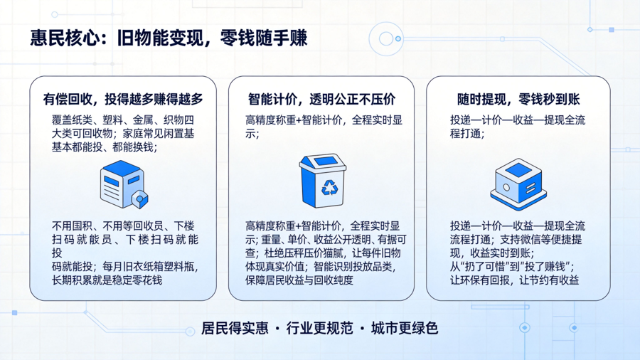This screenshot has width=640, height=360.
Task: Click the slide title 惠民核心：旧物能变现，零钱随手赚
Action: (x=169, y=38)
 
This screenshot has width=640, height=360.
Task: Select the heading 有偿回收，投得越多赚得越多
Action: (x=123, y=99)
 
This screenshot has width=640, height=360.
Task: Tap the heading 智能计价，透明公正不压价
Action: (x=321, y=99)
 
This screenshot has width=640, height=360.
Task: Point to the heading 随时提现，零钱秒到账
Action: (x=518, y=99)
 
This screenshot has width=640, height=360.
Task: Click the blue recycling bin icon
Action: (x=322, y=181)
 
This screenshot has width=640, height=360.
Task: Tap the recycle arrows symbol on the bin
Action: (x=330, y=188)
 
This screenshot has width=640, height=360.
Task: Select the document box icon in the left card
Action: (x=124, y=184)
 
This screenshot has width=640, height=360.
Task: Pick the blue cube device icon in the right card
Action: (x=518, y=184)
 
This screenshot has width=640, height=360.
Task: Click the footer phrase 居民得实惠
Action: (x=235, y=328)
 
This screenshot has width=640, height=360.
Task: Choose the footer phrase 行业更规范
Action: (x=319, y=328)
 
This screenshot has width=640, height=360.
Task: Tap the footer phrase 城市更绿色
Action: (x=405, y=328)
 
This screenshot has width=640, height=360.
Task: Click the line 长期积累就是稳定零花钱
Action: (x=107, y=280)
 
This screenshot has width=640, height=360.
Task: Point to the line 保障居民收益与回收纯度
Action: (x=299, y=280)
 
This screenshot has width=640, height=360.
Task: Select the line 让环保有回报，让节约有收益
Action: (x=514, y=280)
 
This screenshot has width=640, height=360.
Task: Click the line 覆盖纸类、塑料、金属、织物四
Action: (x=123, y=120)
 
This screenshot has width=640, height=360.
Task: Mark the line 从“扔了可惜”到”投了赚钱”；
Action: (x=512, y=267)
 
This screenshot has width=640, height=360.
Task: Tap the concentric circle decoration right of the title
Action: (x=386, y=39)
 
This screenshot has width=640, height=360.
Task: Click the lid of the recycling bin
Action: (x=322, y=162)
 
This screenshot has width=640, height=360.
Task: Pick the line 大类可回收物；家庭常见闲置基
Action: (x=123, y=134)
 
